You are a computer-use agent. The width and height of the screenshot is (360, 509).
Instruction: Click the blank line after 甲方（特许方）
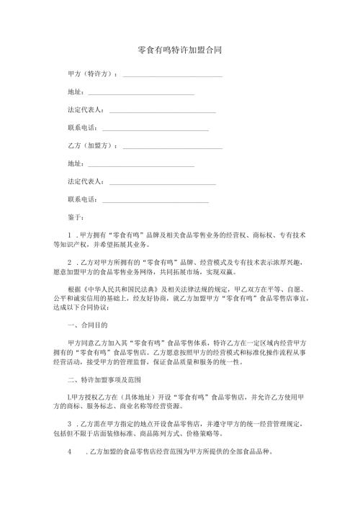click(173, 76)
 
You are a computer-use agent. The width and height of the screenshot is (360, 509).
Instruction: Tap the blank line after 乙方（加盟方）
click(173, 147)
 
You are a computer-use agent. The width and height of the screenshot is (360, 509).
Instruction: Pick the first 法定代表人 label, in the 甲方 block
click(85, 110)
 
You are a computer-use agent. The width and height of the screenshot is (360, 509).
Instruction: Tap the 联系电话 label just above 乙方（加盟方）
click(81, 128)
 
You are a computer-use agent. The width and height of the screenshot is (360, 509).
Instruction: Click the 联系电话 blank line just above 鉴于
click(156, 200)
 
